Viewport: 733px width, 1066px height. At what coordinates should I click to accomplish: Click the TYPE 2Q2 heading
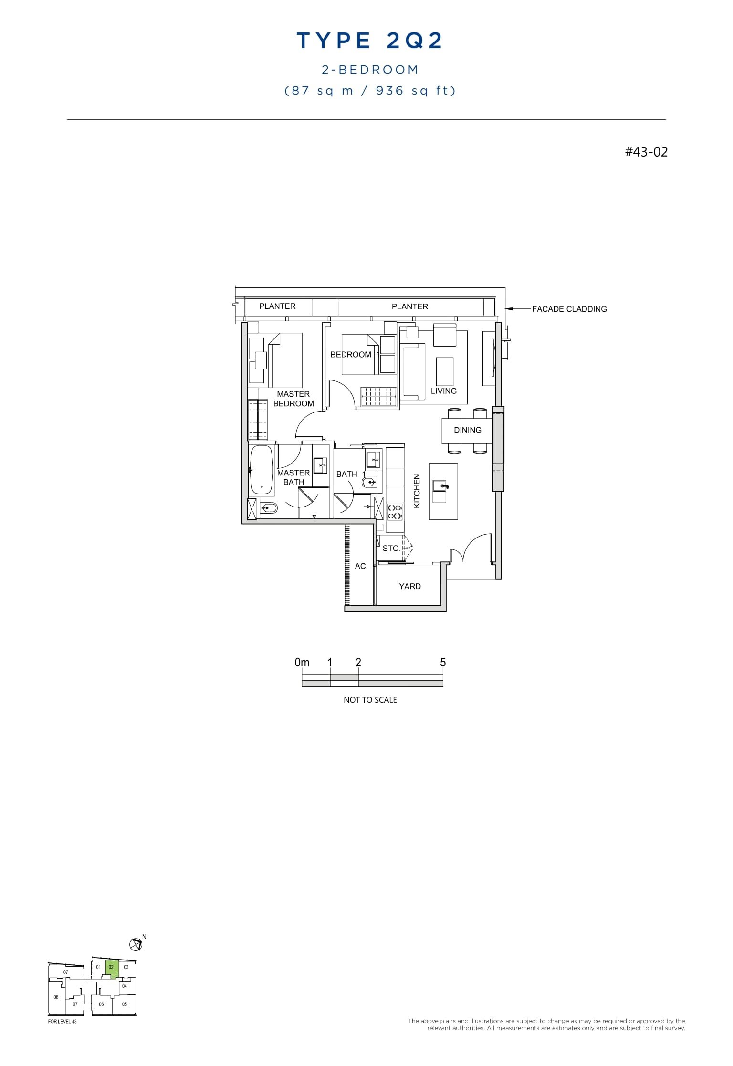(370, 41)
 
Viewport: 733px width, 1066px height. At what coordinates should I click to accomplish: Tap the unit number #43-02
(646, 152)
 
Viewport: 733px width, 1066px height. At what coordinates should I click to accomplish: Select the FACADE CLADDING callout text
(569, 309)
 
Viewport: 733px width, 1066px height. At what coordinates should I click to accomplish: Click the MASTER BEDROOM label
(293, 399)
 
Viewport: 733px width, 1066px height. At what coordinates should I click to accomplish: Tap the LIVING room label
(443, 391)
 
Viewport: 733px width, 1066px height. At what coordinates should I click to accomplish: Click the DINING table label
(467, 430)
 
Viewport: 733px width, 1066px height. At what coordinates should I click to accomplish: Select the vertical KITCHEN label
(417, 491)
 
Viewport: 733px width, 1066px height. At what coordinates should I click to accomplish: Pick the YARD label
(410, 586)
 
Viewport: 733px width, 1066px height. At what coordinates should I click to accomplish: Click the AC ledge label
(360, 566)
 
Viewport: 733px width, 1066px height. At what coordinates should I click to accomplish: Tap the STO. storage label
(391, 549)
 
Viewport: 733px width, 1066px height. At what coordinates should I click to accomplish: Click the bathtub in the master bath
(262, 470)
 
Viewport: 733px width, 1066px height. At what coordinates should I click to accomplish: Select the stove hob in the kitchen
(395, 512)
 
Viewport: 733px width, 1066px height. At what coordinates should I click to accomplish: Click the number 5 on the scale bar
(443, 663)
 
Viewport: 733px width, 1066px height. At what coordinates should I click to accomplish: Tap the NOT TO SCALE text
(370, 700)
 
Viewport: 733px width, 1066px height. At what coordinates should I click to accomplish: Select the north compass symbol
(136, 944)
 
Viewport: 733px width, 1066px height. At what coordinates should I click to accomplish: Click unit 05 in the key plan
(125, 1004)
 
